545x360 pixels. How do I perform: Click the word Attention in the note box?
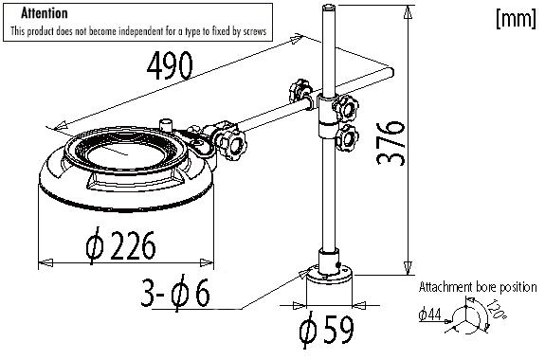(44, 14)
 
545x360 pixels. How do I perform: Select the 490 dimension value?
(172, 65)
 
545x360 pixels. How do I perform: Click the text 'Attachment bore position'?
(478, 286)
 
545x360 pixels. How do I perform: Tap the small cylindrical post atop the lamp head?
(168, 124)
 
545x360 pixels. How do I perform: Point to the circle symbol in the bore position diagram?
(464, 318)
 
